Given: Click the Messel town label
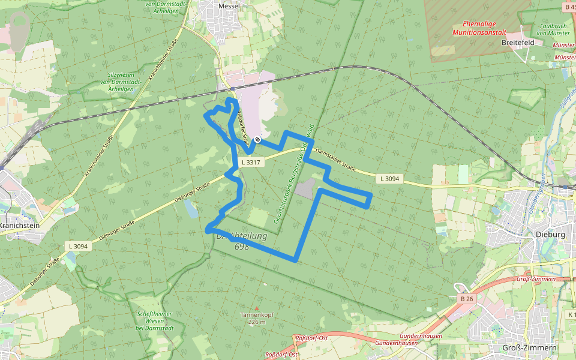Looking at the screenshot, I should point(229,5).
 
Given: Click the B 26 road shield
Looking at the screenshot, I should point(466,298).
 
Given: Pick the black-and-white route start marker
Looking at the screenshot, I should point(257,140).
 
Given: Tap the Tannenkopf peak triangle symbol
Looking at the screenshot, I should point(257,308).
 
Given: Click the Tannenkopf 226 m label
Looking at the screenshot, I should point(257,318).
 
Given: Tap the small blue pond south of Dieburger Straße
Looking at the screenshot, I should point(191,209).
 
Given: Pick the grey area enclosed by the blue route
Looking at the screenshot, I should point(305,188).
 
